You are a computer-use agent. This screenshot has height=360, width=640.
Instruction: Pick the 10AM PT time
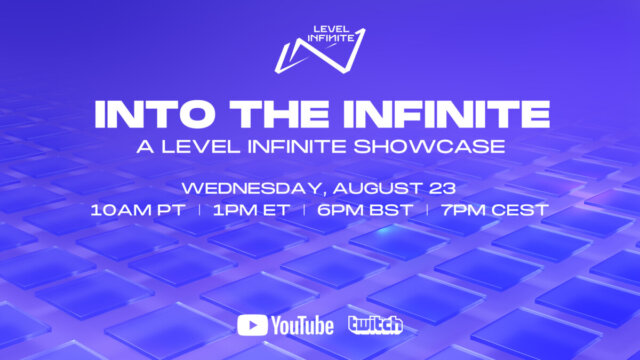143,212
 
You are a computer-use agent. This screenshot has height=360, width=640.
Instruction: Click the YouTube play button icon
251,325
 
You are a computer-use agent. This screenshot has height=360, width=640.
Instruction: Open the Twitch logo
375,325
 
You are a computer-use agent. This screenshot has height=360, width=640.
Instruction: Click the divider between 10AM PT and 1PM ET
201,212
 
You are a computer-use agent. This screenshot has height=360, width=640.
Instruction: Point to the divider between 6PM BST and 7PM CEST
427,212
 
